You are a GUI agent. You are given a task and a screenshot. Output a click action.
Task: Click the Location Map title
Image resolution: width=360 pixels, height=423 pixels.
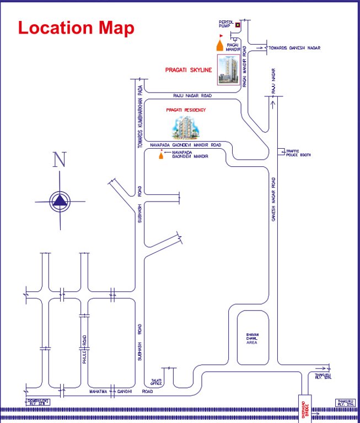pos(76,28)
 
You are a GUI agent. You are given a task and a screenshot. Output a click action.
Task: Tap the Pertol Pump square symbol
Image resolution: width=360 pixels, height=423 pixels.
pos(238,24)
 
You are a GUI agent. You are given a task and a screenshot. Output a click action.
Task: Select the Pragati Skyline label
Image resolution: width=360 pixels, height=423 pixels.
pos(189,70)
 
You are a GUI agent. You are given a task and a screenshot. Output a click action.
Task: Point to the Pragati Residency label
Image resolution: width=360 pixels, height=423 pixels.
pos(186,110)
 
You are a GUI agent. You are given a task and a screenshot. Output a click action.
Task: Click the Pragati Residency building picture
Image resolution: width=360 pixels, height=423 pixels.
pos(185,128)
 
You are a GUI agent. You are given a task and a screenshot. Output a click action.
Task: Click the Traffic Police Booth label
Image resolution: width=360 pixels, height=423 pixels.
pos(298,153)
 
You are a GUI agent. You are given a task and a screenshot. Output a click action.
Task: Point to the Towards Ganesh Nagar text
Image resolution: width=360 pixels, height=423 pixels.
pos(294,48)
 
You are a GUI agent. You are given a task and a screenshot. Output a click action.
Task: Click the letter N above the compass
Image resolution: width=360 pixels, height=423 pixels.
pos(60,160)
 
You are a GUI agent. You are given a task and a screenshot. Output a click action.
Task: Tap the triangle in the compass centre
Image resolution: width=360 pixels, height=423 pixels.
pos(60,202)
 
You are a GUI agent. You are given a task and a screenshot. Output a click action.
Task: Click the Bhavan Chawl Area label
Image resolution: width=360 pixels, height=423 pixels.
pos(252,339)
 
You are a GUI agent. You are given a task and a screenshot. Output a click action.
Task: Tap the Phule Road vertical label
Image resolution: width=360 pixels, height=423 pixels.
pos(85,351)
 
